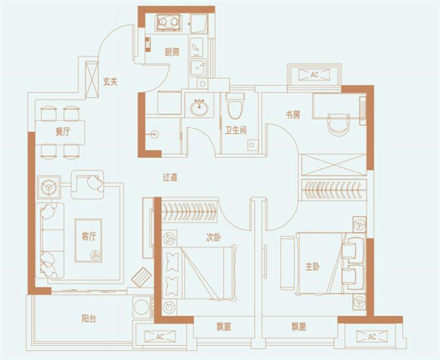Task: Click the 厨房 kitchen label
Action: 172,52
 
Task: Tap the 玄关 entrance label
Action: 109,81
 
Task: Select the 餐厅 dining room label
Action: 63,132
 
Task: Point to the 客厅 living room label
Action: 88,236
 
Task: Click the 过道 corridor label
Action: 170,178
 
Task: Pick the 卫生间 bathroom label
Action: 236,131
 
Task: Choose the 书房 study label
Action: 293,115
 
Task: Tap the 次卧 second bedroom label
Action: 213,238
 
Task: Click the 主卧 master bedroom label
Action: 312,267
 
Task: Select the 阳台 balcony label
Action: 88,319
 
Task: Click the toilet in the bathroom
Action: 235,106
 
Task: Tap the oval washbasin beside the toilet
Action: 199,107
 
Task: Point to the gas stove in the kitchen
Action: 168,22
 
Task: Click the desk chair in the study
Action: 338,124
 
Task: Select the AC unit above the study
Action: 314,74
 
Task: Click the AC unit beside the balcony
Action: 160,336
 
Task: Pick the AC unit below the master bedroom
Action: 372,336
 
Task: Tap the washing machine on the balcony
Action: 142,307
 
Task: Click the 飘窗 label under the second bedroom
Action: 224,326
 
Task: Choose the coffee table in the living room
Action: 88,241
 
